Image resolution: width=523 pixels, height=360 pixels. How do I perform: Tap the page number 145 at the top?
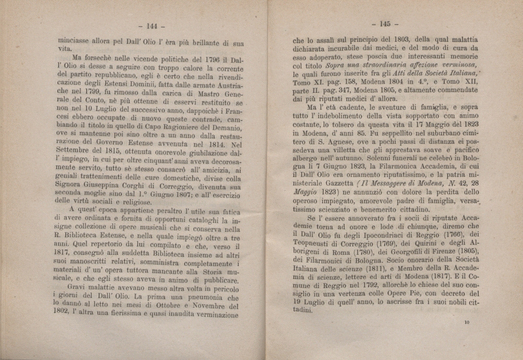tap(380, 23)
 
